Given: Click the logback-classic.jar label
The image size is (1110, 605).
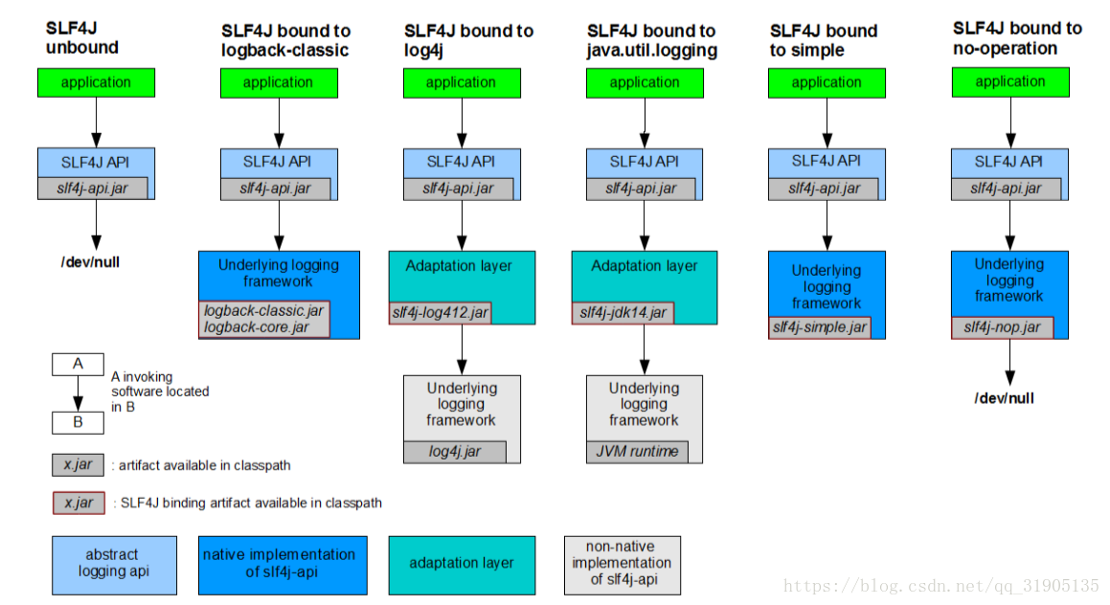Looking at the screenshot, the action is [263, 311].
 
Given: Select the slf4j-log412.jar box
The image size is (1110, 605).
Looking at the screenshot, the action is [440, 313].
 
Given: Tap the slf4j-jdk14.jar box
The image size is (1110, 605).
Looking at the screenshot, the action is [623, 313].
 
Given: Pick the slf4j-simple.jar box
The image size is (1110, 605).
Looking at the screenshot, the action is [820, 327].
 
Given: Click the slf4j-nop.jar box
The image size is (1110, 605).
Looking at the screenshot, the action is [1003, 327].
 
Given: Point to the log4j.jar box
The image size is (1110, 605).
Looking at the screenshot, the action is [455, 452].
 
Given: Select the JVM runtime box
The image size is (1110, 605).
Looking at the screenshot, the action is [637, 452].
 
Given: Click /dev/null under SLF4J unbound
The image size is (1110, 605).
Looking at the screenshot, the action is [90, 262].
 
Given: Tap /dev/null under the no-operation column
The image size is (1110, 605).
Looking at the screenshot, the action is [1004, 398].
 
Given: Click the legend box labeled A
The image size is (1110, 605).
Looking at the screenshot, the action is [78, 365].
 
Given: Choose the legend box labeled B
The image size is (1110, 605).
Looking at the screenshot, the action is [78, 422].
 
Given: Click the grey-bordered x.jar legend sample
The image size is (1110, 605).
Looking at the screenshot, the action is [78, 465].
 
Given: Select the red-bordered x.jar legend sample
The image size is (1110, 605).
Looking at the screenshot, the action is [78, 503].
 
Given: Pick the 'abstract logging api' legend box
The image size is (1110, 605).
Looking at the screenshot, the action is [114, 565].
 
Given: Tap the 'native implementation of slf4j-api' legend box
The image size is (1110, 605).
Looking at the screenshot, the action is [283, 565].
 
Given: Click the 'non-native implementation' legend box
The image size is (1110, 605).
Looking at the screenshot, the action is [623, 565].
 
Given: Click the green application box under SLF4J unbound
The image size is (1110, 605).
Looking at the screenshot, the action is [97, 82].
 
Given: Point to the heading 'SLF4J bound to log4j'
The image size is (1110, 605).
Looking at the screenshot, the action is [468, 40].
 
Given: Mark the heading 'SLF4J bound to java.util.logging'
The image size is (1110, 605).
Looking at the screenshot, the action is [652, 40].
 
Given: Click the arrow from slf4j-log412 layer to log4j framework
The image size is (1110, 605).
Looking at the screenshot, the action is [462, 349].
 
